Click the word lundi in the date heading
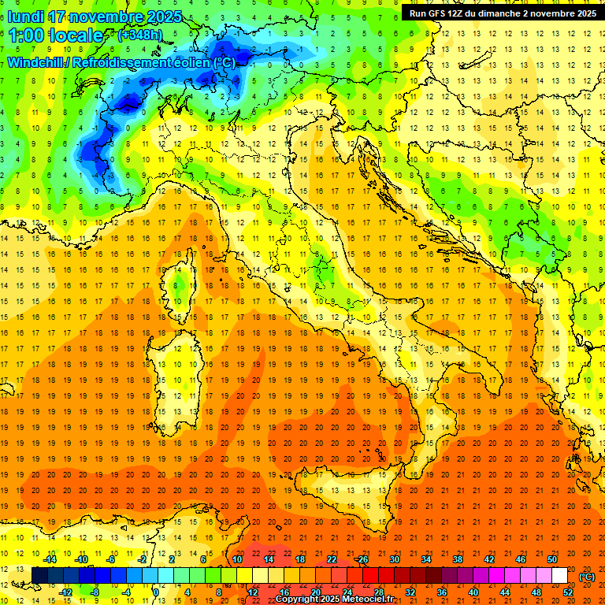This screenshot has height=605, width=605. pyautogui.click(x=27, y=16)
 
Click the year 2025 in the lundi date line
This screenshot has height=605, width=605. pyautogui.click(x=164, y=16)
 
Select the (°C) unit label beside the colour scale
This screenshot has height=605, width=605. pyautogui.click(x=588, y=577)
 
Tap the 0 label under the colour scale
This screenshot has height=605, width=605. pyautogui.click(x=156, y=592)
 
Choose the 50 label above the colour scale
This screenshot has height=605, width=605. pyautogui.click(x=552, y=559)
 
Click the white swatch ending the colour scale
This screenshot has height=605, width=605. pyautogui.click(x=559, y=576)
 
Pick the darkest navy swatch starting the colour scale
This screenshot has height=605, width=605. pyautogui.click(x=39, y=576)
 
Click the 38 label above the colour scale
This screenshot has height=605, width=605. pyautogui.click(x=458, y=559)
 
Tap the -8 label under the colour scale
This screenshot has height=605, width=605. pyautogui.click(x=95, y=592)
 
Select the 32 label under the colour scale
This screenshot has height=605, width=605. pyautogui.click(x=410, y=592)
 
